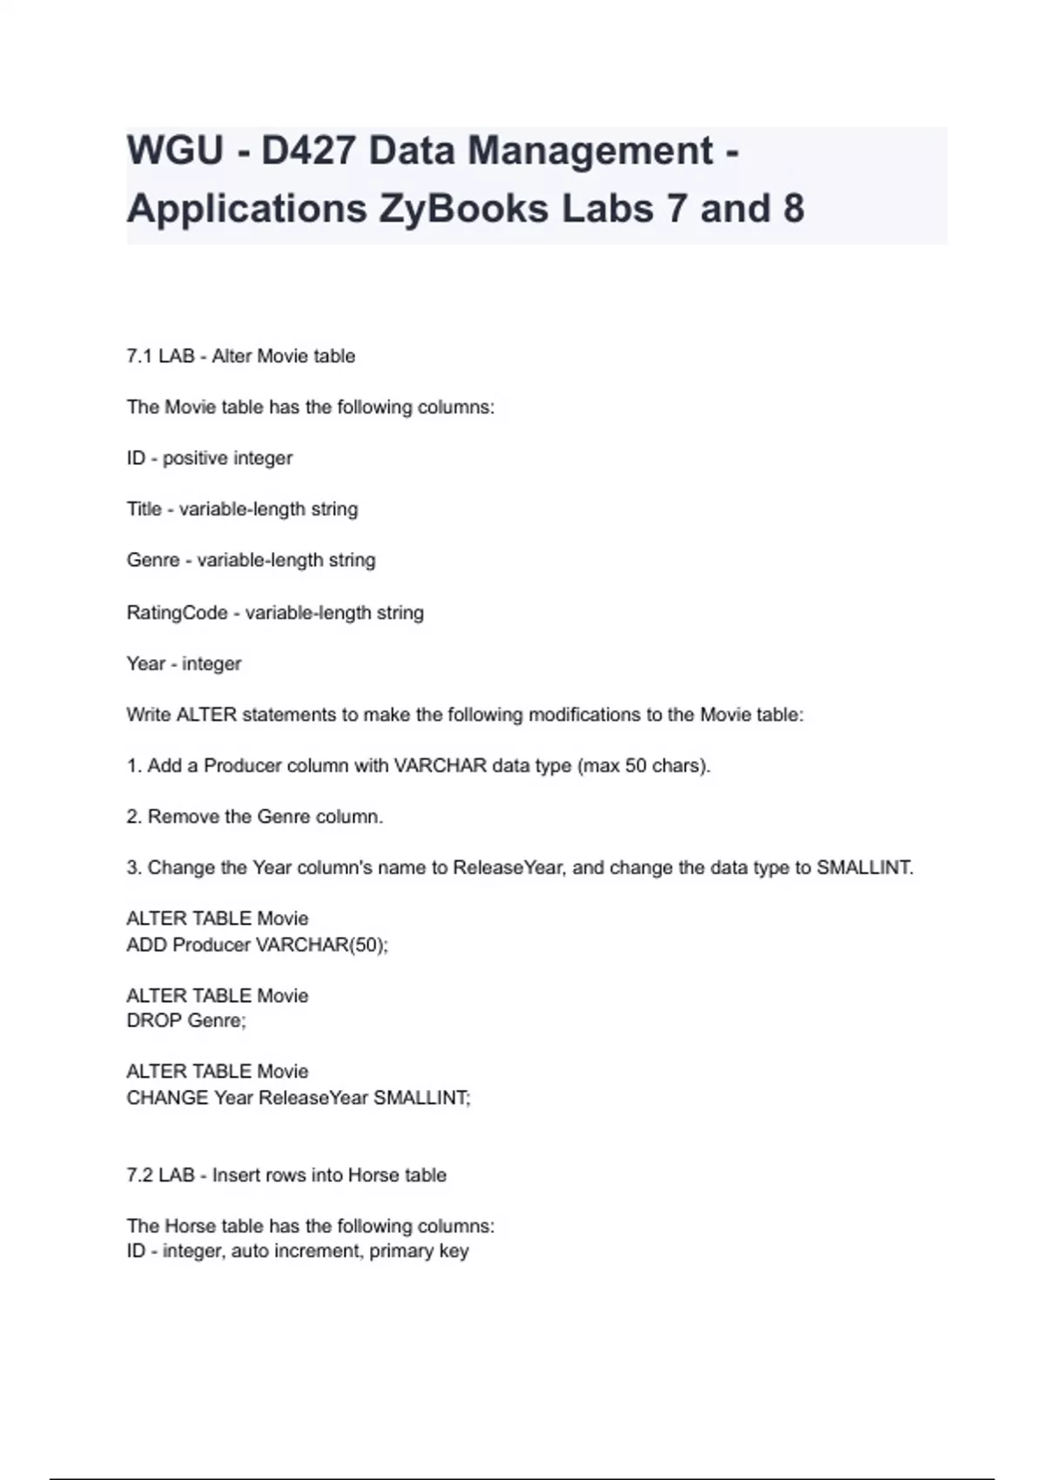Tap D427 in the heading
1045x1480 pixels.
308,151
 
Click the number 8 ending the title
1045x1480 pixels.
792,209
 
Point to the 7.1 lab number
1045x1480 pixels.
139,356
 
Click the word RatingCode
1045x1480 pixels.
177,613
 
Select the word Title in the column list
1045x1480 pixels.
144,509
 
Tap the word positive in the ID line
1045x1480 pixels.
194,459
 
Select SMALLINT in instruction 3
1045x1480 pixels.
864,868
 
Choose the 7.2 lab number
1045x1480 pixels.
139,1175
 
